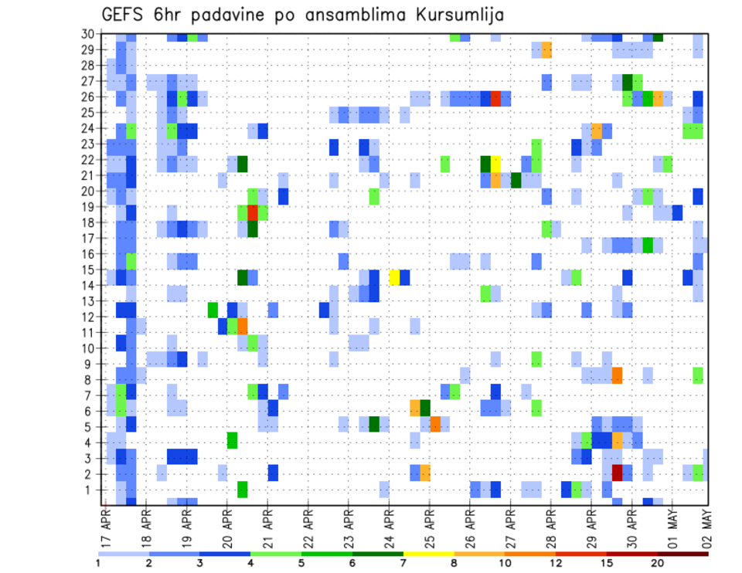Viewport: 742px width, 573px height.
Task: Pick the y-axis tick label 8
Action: coord(90,379)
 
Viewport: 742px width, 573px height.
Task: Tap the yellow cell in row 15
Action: coord(394,277)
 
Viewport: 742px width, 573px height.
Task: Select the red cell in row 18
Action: coord(252,213)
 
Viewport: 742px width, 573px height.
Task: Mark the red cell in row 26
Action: coord(495,98)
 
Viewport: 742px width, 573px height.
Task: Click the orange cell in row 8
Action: coord(617,375)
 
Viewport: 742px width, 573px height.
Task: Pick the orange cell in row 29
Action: coord(546,50)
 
